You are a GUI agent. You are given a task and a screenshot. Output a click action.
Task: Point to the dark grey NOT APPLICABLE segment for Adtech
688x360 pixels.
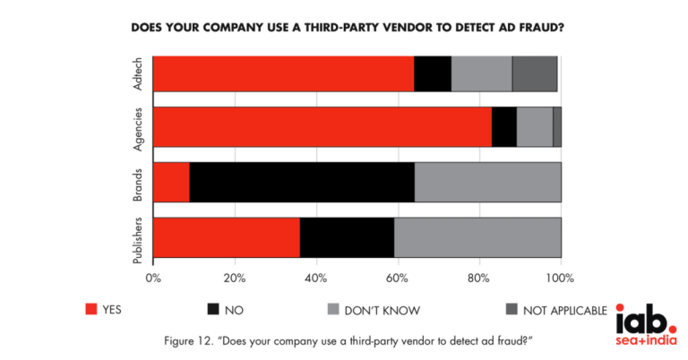point(535,73)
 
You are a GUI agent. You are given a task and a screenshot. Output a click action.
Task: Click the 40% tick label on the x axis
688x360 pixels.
point(315,277)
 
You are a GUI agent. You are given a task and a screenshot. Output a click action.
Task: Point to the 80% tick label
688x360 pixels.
point(479,277)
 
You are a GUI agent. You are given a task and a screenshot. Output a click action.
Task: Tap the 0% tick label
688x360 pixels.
point(153,277)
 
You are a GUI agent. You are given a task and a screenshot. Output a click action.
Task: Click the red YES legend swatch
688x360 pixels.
point(90,310)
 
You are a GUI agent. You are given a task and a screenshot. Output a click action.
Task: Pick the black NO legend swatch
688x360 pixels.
point(212,310)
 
